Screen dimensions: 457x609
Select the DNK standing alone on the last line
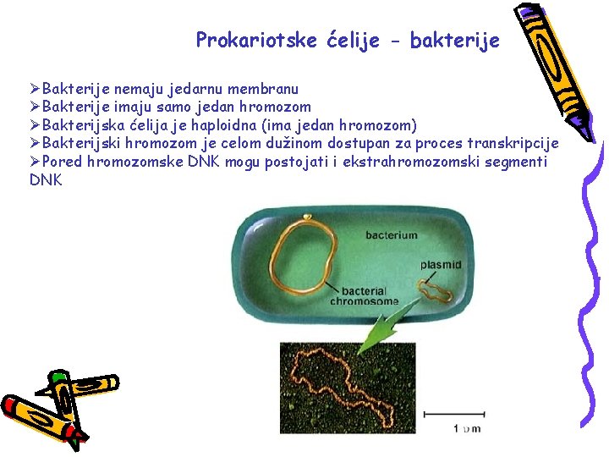click(x=46, y=179)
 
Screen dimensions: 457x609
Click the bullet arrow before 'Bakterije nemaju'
click(x=36, y=89)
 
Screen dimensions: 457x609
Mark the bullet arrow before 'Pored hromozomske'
click(x=36, y=162)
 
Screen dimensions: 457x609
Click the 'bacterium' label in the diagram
click(x=391, y=234)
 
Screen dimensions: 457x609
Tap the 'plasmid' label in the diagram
click(x=441, y=265)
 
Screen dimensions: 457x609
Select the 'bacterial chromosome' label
click(x=364, y=295)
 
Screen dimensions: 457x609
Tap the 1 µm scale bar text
click(x=466, y=428)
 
